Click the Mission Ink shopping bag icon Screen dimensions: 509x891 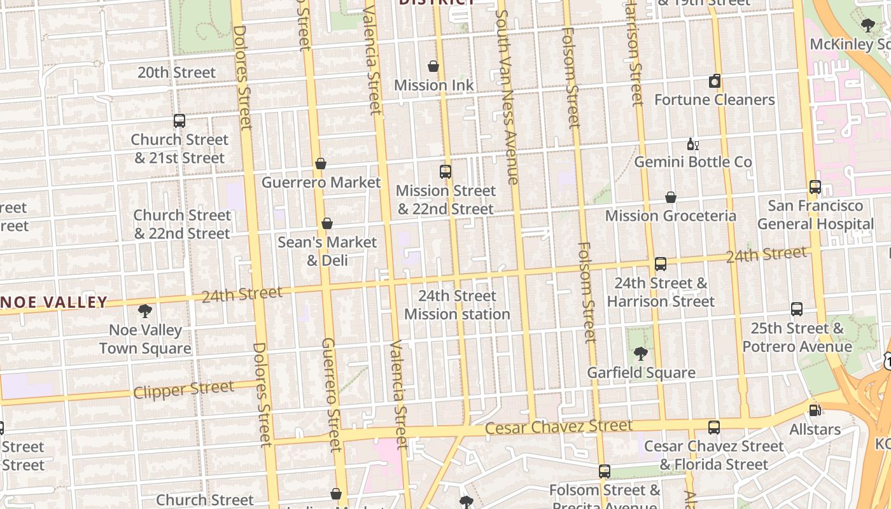coord(433,66)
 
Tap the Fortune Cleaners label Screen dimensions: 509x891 coord(715,100)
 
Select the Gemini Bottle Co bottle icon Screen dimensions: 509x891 coord(692,144)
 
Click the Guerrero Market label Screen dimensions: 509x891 coord(321,183)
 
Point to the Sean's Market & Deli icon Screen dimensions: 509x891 coord(327,223)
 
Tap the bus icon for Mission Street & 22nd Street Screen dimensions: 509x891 coord(445,171)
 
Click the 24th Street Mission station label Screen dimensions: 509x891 coord(457,305)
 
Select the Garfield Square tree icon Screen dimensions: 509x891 coord(641,354)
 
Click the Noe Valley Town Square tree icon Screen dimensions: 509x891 coord(145,311)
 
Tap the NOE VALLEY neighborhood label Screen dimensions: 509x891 coord(54,302)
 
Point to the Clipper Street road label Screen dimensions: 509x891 coord(183,389)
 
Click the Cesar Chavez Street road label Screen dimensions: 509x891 coord(559,427)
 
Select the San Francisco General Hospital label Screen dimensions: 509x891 coord(815,215)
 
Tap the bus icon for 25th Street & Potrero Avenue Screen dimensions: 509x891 coord(797,309)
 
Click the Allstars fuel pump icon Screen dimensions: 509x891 coord(814,410)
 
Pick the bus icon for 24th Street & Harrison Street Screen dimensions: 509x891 coord(661,263)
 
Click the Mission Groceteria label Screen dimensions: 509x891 coord(670,216)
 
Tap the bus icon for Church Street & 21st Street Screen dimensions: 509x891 coord(179,120)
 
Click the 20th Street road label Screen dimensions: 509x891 coord(176,73)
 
